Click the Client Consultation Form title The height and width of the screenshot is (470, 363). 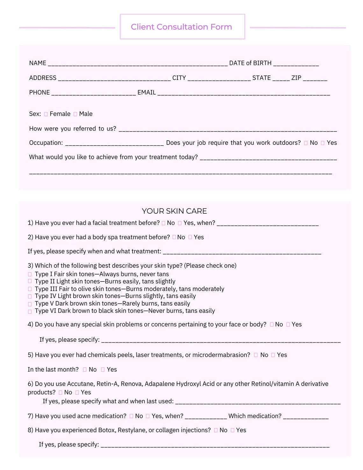click(181, 27)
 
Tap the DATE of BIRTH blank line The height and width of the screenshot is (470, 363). click(296, 64)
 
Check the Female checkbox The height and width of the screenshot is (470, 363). click(46, 114)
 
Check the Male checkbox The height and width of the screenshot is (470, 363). click(75, 114)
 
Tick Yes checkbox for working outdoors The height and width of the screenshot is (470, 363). click(323, 143)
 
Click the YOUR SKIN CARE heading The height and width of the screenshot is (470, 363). click(174, 211)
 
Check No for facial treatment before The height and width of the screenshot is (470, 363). click(164, 223)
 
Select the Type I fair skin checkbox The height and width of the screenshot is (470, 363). click(30, 274)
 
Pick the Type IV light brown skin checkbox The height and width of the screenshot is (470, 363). click(30, 296)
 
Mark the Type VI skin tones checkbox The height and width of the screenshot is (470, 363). click(30, 311)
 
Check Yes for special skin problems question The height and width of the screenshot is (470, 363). click(288, 324)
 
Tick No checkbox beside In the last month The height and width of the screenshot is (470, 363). click(85, 370)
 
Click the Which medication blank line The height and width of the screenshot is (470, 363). click(306, 417)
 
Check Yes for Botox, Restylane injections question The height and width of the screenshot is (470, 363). click(233, 430)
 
